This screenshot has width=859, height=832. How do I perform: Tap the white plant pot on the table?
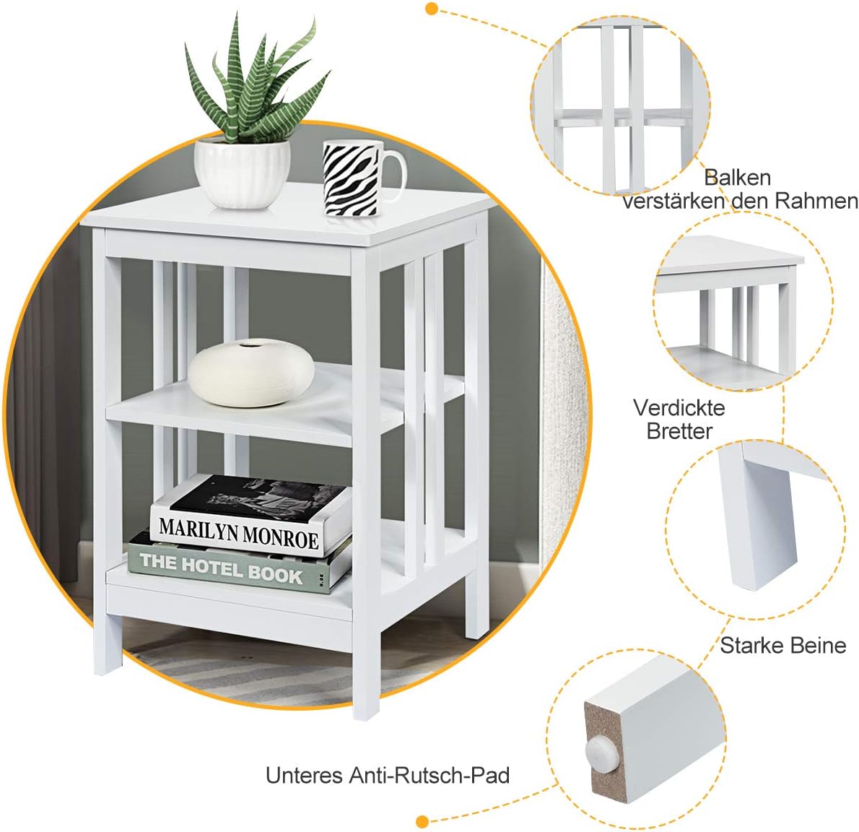(242, 173)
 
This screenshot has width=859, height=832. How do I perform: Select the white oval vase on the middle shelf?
(251, 373)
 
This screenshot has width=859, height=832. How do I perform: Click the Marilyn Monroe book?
(249, 516)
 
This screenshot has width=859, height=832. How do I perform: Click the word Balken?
(737, 177)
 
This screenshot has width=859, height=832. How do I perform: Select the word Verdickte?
(679, 407)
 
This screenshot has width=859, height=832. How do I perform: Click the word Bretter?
(679, 431)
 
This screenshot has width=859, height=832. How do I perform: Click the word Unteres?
(304, 775)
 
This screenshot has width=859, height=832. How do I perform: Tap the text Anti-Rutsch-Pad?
(429, 775)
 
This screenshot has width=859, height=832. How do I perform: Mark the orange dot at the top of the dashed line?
(432, 9)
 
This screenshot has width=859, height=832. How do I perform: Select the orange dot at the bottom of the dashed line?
(423, 820)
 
